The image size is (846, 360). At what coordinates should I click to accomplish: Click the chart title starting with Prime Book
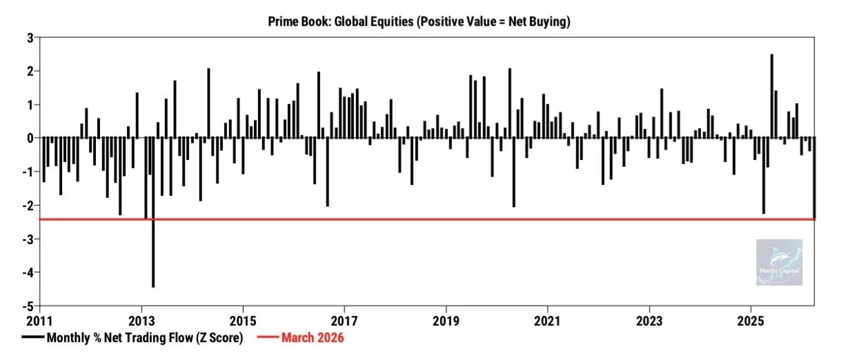[x=419, y=22]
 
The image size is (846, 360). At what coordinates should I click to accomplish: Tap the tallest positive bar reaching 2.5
[x=771, y=97]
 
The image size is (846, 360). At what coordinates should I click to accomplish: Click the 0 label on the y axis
[x=30, y=139]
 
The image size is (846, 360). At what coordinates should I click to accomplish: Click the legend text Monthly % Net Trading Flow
[x=144, y=338]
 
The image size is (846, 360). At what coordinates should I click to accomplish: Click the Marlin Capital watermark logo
[x=779, y=262]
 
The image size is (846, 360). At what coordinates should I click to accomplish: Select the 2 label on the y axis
[x=30, y=72]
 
